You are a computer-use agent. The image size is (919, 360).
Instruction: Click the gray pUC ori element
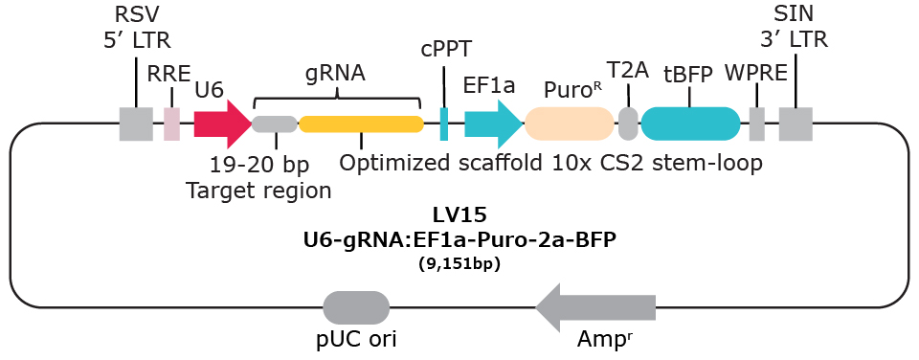pos(356,307)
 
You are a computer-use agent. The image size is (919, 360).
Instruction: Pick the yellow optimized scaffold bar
pos(361,124)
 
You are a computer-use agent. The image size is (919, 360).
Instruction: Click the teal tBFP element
pos(690,124)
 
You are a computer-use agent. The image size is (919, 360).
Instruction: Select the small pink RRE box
pos(171,124)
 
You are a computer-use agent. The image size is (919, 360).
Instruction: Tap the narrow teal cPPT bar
pos(444,124)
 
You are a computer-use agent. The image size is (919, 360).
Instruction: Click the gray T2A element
pos(628,124)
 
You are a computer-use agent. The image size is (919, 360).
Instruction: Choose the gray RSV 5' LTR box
pos(136,124)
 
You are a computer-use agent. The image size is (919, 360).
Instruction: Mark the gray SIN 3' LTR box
pos(796,124)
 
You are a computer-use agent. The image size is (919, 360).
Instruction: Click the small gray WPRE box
pos(756,124)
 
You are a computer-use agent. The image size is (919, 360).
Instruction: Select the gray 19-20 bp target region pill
pos(275,124)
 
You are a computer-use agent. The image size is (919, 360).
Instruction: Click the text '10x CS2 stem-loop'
pos(658,163)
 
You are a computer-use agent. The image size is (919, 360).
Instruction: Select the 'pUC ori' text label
pos(356,339)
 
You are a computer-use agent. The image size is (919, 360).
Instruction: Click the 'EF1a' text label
pos(489,85)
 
